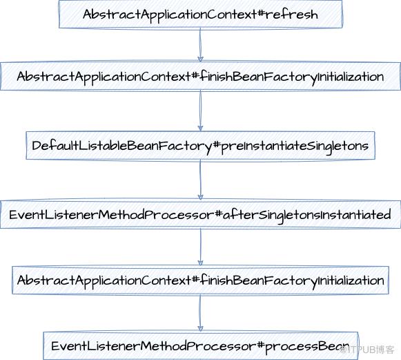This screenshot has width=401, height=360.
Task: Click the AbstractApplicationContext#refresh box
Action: [200, 14]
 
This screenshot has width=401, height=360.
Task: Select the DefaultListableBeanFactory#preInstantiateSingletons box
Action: [200, 145]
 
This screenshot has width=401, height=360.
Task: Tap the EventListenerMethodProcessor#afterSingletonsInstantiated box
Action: [200, 215]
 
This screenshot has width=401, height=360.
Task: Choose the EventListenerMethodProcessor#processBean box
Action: [200, 346]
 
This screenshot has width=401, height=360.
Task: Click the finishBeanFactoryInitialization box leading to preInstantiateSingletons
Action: [200, 76]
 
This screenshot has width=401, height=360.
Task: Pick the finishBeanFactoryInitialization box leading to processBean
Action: [200, 280]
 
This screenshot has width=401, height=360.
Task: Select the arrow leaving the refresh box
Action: [200, 45]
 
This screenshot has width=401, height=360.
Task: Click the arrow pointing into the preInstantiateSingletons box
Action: [200, 111]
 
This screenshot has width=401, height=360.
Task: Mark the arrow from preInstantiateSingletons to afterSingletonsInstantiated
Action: [200, 180]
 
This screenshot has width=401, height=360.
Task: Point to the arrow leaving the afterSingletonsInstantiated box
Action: [200, 247]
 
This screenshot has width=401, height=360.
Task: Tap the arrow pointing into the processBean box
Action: [200, 313]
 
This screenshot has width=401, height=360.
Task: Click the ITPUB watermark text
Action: [367, 350]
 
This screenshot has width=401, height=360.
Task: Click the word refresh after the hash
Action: [291, 14]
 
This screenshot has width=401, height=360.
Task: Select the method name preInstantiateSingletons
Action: [295, 146]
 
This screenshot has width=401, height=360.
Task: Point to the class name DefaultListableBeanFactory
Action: [122, 146]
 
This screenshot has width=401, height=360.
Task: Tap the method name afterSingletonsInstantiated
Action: [307, 215]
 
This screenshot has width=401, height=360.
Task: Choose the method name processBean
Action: [306, 347]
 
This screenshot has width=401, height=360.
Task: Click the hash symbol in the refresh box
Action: [260, 13]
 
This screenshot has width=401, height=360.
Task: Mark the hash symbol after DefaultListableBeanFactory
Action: [216, 145]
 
